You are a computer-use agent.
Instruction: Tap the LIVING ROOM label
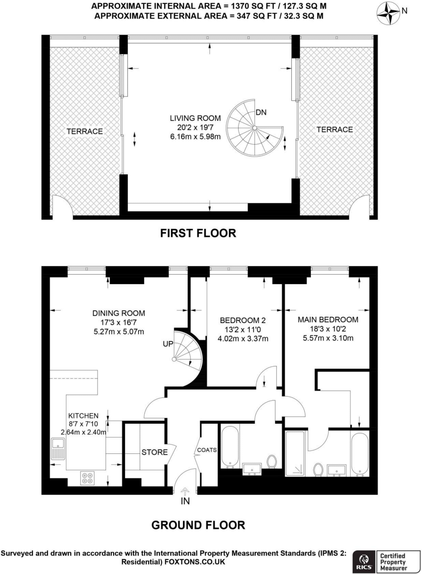(x=195, y=118)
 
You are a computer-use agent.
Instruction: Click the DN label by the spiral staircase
(x=261, y=112)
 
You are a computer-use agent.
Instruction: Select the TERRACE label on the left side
(x=85, y=131)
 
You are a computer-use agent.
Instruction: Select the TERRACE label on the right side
(x=334, y=129)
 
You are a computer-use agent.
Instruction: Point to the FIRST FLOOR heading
(x=198, y=233)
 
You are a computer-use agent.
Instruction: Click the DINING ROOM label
(x=119, y=313)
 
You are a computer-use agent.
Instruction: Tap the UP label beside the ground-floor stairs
(x=168, y=344)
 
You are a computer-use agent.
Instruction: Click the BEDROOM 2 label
(x=243, y=320)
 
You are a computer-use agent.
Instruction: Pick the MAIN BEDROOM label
(x=328, y=320)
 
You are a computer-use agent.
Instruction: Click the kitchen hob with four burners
(x=87, y=478)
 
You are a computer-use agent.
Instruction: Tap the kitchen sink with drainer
(x=58, y=449)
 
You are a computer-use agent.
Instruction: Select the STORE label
(x=154, y=452)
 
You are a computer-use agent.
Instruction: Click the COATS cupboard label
(x=207, y=450)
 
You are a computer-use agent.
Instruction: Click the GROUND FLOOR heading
(x=198, y=525)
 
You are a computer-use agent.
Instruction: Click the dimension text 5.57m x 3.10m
(x=328, y=338)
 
